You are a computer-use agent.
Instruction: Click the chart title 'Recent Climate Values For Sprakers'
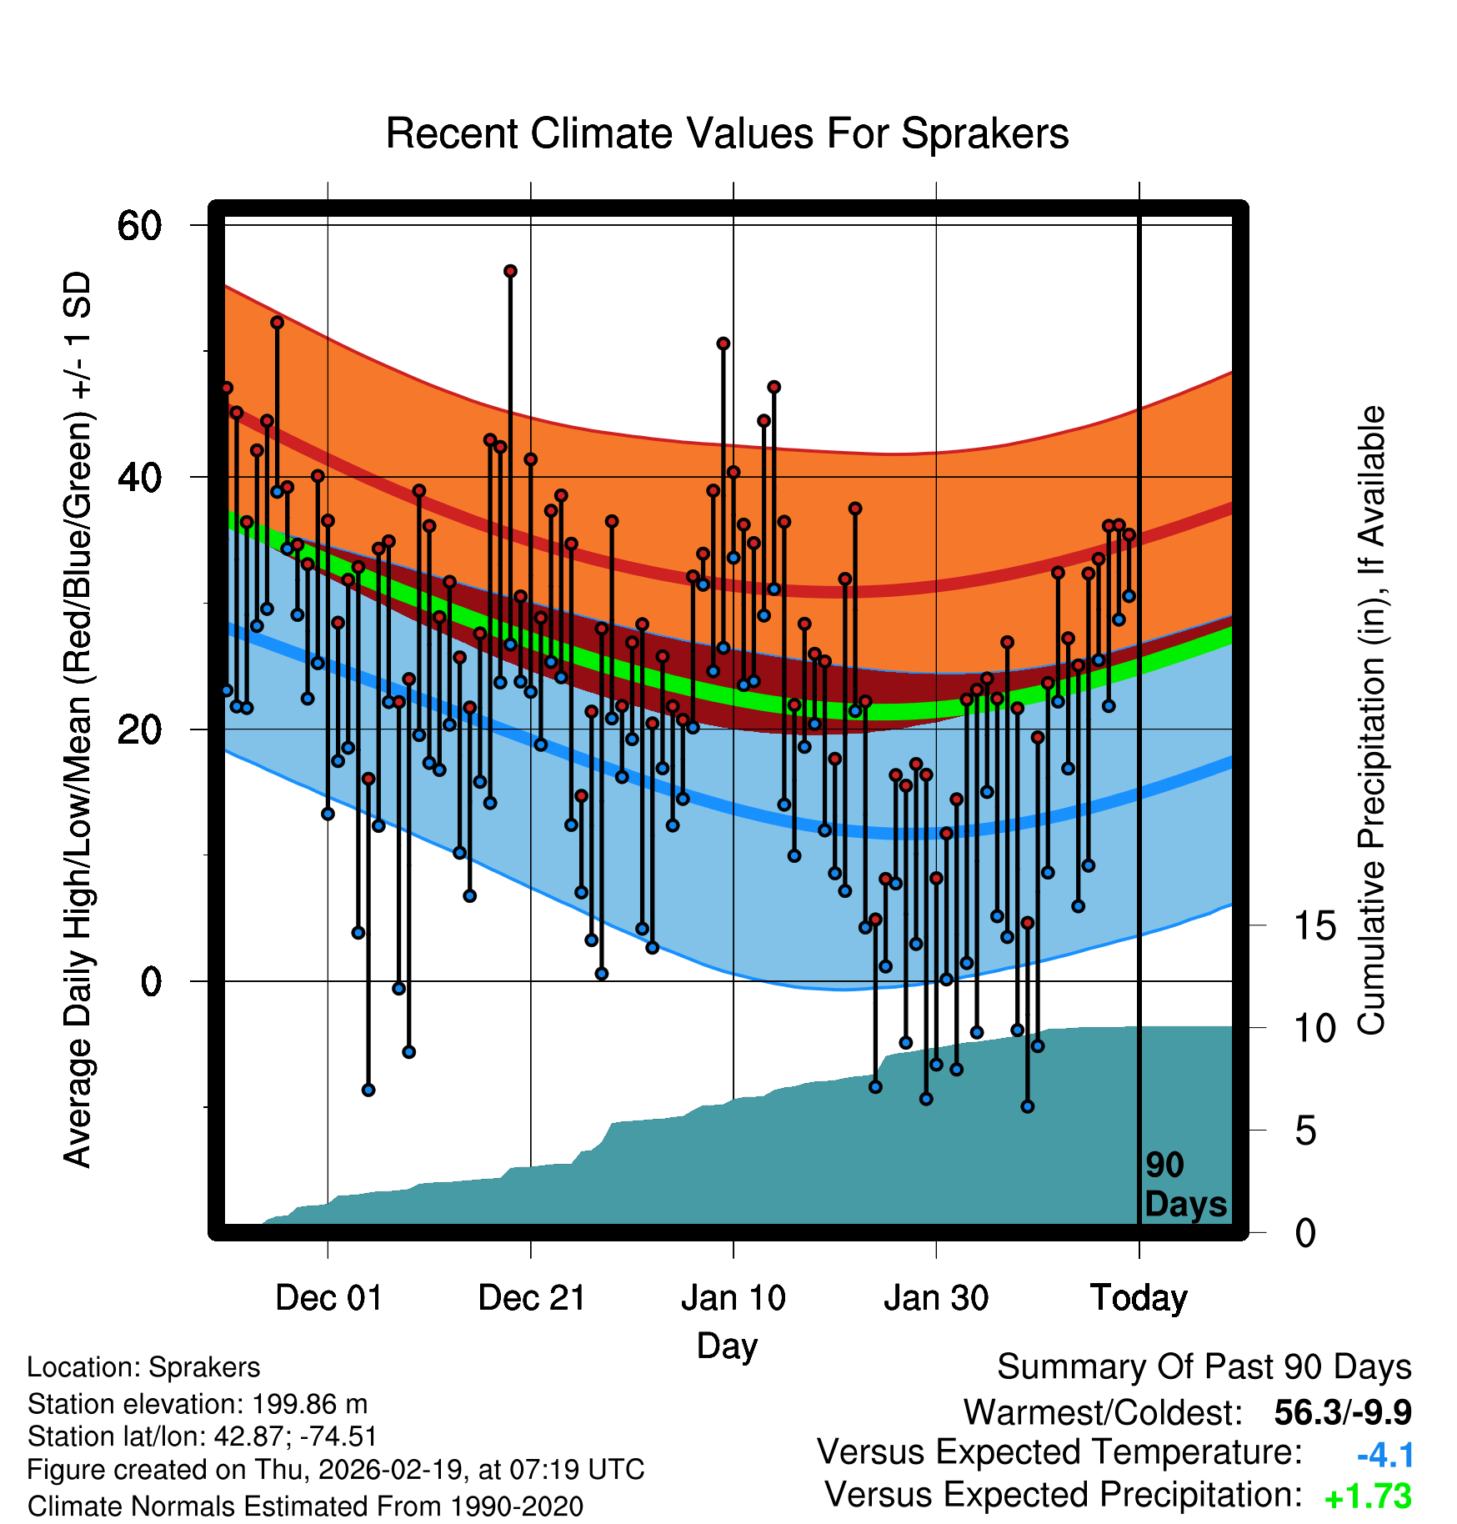click(727, 133)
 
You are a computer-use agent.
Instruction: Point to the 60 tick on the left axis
click(138, 225)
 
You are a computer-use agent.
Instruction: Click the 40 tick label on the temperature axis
click(138, 478)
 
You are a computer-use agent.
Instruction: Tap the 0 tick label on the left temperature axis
click(151, 981)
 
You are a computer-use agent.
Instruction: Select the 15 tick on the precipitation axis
click(1315, 925)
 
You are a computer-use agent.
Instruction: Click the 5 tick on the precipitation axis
click(1305, 1131)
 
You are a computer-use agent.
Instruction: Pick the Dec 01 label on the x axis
click(328, 1297)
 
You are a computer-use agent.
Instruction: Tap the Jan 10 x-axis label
click(734, 1297)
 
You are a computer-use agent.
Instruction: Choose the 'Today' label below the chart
click(1139, 1297)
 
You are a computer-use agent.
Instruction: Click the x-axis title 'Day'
click(727, 1345)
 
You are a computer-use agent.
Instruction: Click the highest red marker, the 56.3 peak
click(510, 272)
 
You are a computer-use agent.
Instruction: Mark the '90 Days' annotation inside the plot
click(1184, 1185)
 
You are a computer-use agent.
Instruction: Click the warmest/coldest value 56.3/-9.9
click(1342, 1412)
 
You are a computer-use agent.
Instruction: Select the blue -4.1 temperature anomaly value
click(1384, 1455)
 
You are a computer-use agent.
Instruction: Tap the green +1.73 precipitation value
click(1368, 1496)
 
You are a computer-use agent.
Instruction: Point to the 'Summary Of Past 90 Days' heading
click(1204, 1367)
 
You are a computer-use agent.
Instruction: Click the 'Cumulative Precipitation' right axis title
click(1371, 720)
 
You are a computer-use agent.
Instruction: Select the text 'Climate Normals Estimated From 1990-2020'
click(305, 1506)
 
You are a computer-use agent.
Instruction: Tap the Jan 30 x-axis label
click(936, 1297)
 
